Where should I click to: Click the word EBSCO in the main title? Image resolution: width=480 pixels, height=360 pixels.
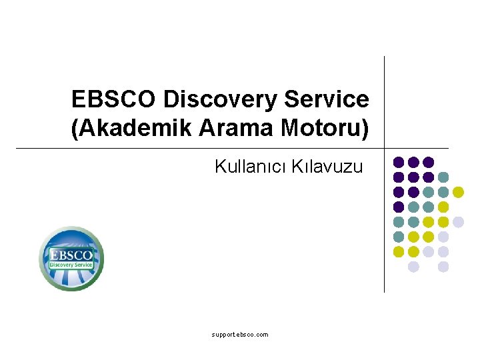coord(113,99)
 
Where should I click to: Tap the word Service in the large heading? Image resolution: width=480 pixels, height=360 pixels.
coord(327,99)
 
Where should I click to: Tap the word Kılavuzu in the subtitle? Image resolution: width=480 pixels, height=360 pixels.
coord(327,167)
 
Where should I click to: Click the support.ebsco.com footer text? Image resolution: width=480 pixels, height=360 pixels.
coord(240,335)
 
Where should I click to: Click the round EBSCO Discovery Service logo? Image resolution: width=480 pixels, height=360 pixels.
coord(71,259)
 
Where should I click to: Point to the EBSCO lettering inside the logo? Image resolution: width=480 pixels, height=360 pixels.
coord(71,255)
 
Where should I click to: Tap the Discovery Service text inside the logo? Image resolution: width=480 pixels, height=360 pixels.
coord(71,265)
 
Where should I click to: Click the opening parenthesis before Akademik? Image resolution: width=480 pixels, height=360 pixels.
coord(75,129)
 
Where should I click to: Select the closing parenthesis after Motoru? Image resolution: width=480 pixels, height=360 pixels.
coord(365,129)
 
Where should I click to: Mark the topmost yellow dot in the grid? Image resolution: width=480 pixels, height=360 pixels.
coord(458,192)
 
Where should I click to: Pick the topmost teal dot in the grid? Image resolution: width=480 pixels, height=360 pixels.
coord(443,177)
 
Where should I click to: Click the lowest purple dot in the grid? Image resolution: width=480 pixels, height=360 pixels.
coord(399,207)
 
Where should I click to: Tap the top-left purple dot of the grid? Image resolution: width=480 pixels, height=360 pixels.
coord(399,162)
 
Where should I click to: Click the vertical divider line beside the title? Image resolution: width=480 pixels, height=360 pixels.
coord(384,175)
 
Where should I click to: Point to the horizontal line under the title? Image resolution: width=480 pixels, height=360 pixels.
coord(233,148)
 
